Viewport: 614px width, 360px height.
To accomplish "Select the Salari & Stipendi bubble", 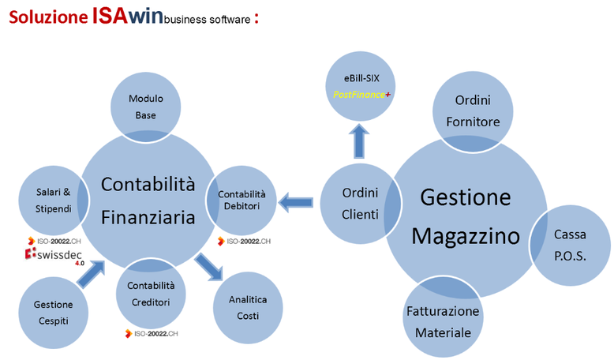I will tap(53, 198).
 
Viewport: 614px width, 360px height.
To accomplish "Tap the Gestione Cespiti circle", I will tap(53, 311).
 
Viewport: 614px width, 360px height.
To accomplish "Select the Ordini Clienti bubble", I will tap(359, 203).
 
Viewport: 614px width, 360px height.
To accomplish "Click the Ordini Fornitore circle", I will tap(477, 111).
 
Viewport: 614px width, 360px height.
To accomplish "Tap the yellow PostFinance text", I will tap(360, 95).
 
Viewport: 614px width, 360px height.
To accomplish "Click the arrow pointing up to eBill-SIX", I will tap(361, 141).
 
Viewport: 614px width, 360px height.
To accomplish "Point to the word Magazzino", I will tap(466, 236).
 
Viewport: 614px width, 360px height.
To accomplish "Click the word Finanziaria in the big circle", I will tap(148, 217).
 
